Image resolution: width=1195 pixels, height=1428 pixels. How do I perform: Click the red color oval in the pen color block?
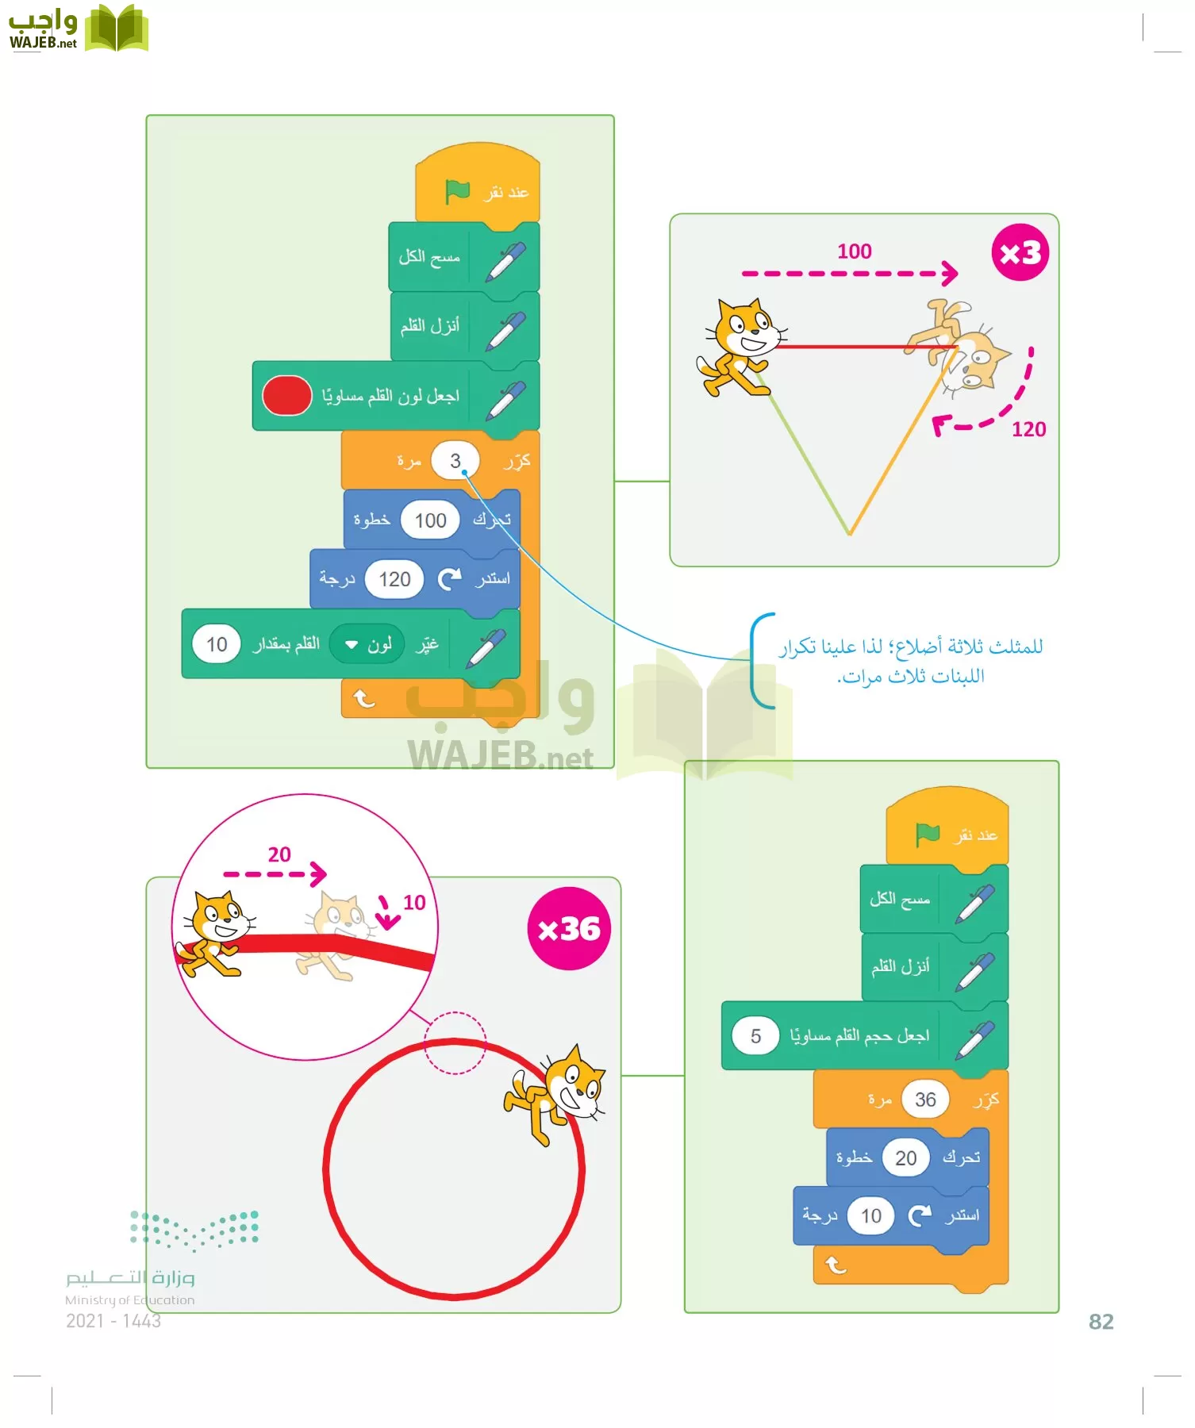286,396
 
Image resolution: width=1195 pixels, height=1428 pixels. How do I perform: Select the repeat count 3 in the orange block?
455,461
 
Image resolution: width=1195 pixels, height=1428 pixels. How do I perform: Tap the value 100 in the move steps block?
430,520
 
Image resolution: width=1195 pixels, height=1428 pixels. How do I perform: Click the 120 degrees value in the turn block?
394,579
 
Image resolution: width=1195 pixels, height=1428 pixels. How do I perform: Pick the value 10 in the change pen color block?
217,644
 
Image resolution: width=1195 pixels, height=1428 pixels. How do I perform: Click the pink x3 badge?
1020,253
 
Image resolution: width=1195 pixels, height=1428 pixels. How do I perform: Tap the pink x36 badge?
569,928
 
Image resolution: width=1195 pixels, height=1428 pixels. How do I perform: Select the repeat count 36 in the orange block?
925,1100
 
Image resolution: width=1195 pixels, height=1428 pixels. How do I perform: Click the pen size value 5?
755,1036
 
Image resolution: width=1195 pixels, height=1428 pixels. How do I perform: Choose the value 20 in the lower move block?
905,1158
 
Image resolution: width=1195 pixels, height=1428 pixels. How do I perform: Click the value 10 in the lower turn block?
871,1215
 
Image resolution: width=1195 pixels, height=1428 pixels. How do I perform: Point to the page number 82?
1101,1322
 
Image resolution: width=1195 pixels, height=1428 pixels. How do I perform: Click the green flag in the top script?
458,191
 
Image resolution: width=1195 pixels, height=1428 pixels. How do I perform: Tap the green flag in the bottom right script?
927,834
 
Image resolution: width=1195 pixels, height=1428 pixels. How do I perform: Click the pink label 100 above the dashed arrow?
855,251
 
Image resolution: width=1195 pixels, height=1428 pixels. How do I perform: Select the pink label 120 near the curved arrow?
1028,429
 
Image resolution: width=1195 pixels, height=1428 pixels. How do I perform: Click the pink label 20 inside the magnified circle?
279,854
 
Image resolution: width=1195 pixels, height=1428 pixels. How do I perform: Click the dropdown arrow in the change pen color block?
352,645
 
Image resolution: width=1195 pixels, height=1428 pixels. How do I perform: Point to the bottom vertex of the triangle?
849,534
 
